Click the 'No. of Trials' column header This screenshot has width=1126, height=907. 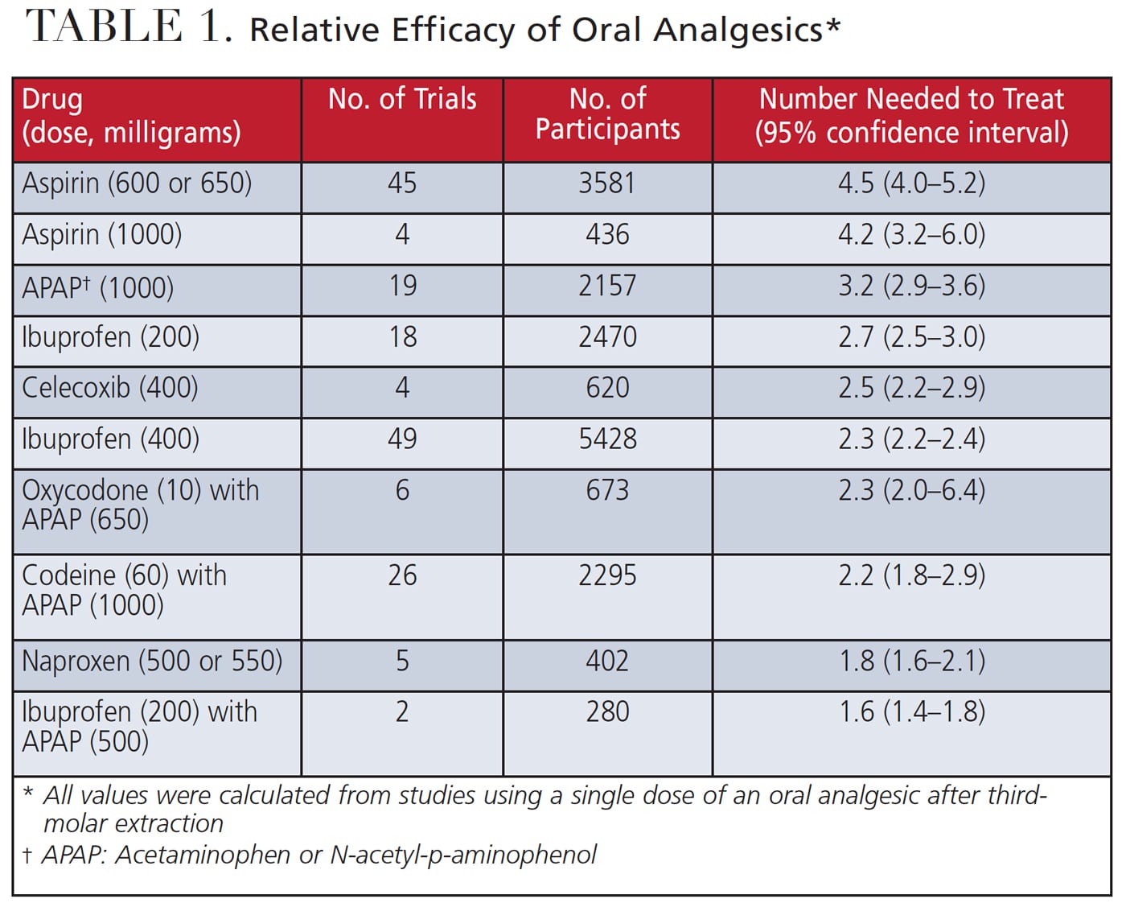tap(402, 99)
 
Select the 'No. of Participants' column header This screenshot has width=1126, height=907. tap(607, 113)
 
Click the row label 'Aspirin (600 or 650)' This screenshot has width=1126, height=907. tap(137, 183)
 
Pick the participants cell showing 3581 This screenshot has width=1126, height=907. tap(607, 183)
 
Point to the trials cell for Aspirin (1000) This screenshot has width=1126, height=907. tap(402, 235)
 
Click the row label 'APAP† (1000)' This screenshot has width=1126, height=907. tap(97, 287)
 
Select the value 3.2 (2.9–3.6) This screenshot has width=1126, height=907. tap(911, 287)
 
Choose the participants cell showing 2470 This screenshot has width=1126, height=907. tap(607, 337)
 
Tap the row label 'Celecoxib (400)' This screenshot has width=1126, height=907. tap(110, 388)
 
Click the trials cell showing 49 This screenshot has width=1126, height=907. tap(402, 439)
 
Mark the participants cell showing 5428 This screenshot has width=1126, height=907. tap(607, 439)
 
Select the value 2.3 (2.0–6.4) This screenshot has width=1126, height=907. tap(911, 491)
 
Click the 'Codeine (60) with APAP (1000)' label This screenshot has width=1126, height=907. tap(124, 590)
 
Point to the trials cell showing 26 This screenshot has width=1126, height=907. tap(402, 575)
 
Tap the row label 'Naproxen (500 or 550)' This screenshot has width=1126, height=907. tap(152, 662)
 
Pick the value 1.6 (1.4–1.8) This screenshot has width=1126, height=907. tap(911, 712)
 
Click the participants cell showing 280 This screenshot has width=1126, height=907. tap(607, 712)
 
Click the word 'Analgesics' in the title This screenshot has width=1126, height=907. tap(738, 31)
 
